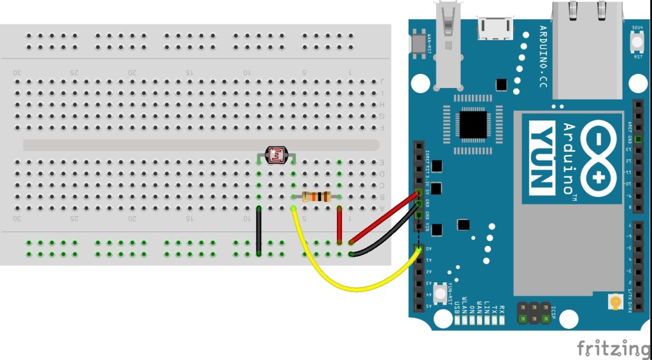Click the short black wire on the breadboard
pyautogui.click(x=259, y=231)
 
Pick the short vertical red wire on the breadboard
pyautogui.click(x=339, y=226)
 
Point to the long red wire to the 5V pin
pyautogui.click(x=385, y=218)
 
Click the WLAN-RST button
pyautogui.click(x=420, y=43)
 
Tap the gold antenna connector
pyautogui.click(x=615, y=301)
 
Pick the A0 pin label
pyautogui.click(x=429, y=249)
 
